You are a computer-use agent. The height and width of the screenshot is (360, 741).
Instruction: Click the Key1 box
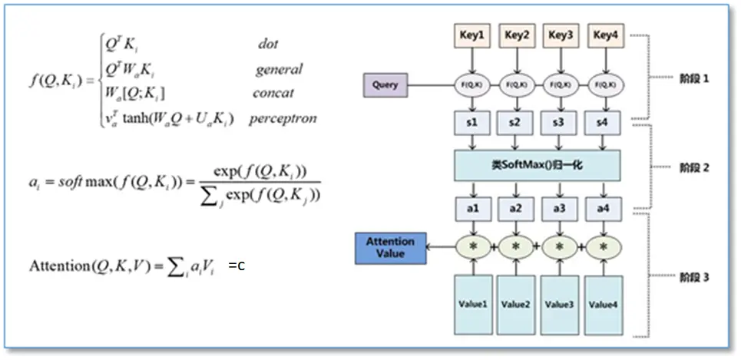click(472, 36)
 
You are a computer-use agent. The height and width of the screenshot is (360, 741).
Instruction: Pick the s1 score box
click(472, 123)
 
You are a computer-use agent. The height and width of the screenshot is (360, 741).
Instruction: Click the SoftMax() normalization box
click(538, 166)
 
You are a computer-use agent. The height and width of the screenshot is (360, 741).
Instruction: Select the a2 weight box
click(516, 208)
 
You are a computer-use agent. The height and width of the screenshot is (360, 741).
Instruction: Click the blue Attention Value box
click(390, 247)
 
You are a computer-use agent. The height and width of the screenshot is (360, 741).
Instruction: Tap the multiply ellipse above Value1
click(472, 247)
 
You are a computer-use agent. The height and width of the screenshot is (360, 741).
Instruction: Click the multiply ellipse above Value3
click(560, 247)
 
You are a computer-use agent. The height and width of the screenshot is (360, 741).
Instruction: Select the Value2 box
click(516, 305)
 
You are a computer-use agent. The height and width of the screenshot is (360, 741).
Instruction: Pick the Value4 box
click(604, 305)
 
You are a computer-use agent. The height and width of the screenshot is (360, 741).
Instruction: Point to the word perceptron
click(282, 119)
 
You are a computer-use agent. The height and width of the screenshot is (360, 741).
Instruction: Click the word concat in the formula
click(273, 94)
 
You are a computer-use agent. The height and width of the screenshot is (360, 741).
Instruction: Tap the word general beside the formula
click(279, 70)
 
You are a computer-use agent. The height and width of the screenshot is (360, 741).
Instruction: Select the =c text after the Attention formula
click(237, 267)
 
